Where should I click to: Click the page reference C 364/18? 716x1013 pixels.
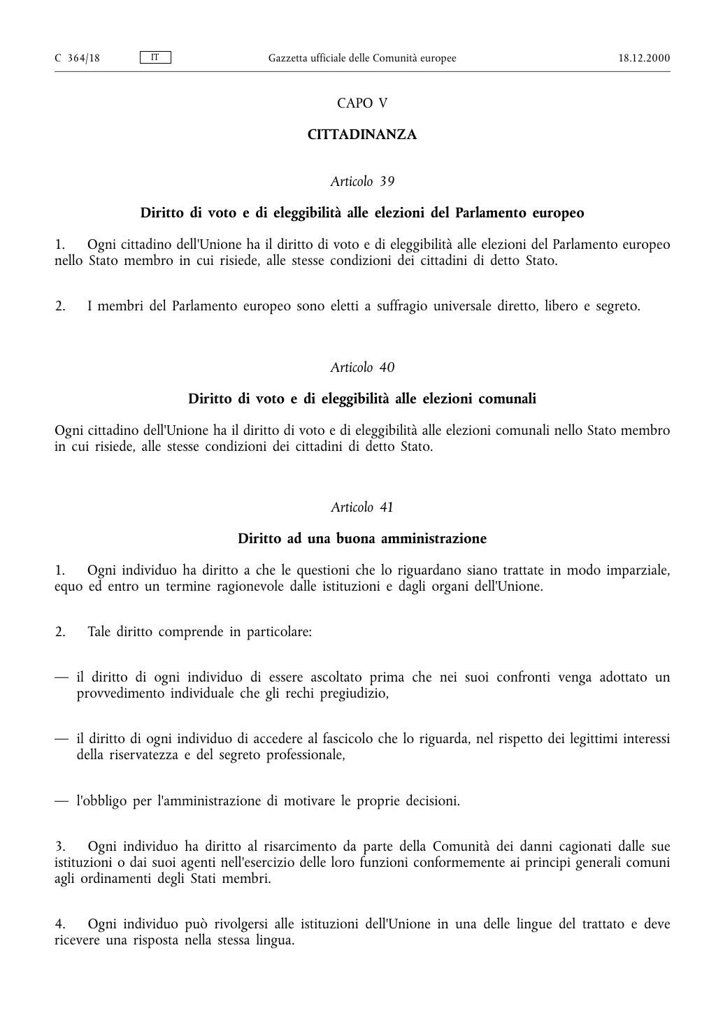tap(77, 58)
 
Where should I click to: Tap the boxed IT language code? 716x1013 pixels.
tap(155, 57)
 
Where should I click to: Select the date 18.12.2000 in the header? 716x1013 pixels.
tap(644, 58)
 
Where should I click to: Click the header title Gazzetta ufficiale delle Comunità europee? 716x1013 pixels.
tap(361, 58)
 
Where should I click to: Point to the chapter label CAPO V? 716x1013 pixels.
tap(361, 103)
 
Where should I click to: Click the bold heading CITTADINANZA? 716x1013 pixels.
tap(361, 135)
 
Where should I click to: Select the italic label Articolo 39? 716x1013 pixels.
tap(361, 182)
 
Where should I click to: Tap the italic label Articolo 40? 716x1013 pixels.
tap(361, 368)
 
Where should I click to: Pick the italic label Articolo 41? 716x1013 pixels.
tap(361, 508)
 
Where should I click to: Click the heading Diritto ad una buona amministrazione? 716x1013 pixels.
tap(361, 539)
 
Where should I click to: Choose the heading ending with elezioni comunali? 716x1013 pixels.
tap(361, 399)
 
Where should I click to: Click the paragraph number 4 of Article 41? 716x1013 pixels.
tap(59, 925)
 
